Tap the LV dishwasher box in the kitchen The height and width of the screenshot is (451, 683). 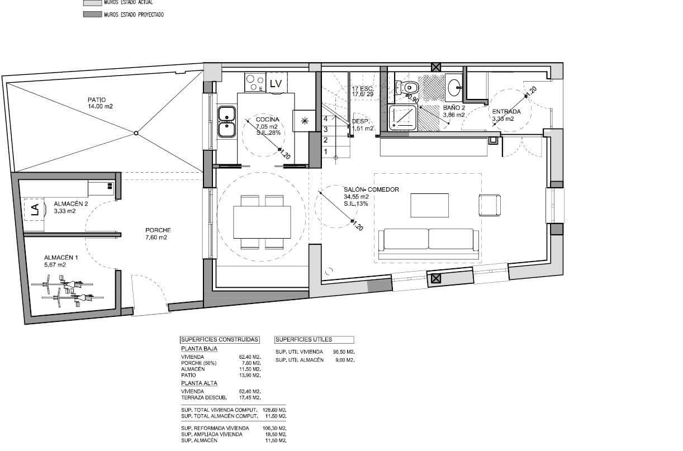coord(275,83)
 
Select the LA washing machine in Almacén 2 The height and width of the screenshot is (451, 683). coord(34,210)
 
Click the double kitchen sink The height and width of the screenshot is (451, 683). coord(226,121)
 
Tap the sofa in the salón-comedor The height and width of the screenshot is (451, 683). coord(429,240)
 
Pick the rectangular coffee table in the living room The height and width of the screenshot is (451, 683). coord(429,205)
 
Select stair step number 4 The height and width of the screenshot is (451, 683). coord(325,118)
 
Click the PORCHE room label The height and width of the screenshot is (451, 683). coord(158,230)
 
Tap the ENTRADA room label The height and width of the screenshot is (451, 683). coord(506,111)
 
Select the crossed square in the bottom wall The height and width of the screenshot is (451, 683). coord(436,279)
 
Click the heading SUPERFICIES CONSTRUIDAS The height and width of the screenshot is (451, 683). coord(220,339)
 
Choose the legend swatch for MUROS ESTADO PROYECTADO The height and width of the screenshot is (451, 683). coord(92,15)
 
